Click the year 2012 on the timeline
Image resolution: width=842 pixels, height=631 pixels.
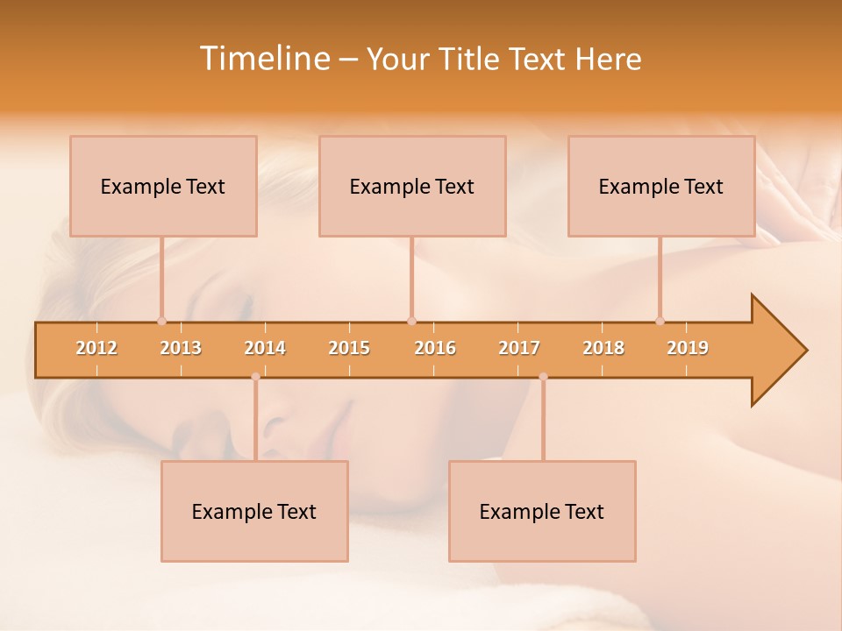pos(96,349)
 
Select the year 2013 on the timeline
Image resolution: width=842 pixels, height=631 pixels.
pos(181,349)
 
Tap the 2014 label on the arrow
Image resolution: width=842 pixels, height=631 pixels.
pos(265,349)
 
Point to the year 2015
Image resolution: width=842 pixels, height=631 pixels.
pos(349,349)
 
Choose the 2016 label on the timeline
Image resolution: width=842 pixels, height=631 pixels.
pos(435,349)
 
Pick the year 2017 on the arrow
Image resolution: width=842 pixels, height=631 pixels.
pos(519,349)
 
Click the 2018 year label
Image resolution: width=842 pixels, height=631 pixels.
pos(603,349)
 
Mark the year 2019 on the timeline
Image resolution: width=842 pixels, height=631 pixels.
pos(688,349)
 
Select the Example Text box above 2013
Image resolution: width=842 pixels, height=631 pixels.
pos(163,187)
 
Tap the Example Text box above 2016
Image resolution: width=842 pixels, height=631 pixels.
pos(412,187)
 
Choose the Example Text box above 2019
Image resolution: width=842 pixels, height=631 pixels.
pos(661,187)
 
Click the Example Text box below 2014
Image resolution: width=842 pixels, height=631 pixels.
pos(254,512)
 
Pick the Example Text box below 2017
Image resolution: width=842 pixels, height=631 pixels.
pos(542,512)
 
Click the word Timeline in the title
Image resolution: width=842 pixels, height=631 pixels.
pos(264,59)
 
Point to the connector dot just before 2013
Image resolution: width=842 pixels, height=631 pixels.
pos(161,321)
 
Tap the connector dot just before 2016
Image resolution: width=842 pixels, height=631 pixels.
pos(411,321)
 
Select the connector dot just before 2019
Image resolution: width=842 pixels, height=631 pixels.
pos(660,321)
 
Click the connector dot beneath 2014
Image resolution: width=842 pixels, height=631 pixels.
pos(255,377)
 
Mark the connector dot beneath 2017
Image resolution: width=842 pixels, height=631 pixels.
pos(543,377)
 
